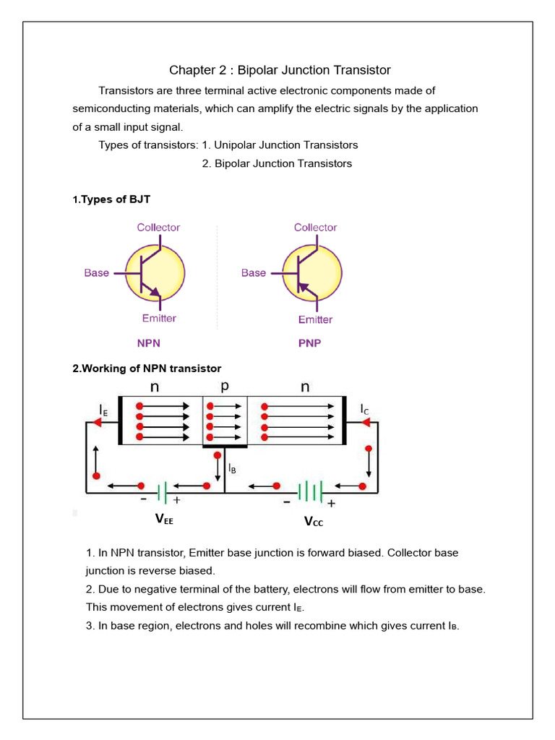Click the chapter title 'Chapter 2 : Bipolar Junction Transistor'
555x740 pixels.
[280, 70]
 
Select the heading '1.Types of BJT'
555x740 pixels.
[111, 199]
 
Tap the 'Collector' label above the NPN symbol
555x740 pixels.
[158, 228]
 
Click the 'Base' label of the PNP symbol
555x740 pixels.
[253, 273]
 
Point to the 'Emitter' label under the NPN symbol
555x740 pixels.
[159, 318]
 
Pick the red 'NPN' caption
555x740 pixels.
[149, 343]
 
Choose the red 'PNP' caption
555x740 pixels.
[309, 343]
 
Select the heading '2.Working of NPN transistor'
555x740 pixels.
[147, 369]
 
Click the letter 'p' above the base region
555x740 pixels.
[225, 386]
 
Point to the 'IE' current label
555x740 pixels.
[104, 410]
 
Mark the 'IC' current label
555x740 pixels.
[365, 410]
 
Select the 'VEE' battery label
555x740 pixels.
[165, 519]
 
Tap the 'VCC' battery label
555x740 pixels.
[314, 520]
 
